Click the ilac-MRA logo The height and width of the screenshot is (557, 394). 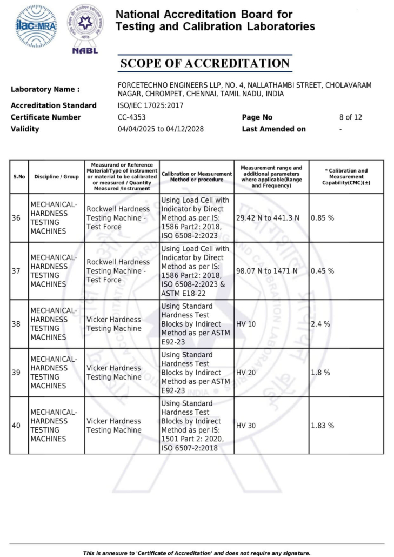coord(36,25)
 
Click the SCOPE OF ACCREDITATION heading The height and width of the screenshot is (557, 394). coord(205,63)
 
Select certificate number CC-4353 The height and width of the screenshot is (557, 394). coord(131,117)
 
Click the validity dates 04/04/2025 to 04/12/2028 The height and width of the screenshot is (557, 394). coord(161,129)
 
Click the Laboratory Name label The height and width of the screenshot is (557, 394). coord(45,89)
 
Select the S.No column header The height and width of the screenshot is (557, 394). coord(19,176)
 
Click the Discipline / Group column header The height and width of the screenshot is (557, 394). coord(56,176)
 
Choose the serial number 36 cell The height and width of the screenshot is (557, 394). coord(16,218)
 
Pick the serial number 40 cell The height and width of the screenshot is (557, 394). coord(16,426)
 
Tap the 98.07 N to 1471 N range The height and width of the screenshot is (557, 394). coord(267,271)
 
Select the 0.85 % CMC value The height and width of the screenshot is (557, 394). coord(322,218)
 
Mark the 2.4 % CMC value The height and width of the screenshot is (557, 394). coord(320,324)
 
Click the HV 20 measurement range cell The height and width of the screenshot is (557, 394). coord(246,373)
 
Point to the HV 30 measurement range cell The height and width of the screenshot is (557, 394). coord(246,426)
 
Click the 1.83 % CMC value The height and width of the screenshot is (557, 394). coord(322,426)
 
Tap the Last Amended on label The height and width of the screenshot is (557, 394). coord(273,129)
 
